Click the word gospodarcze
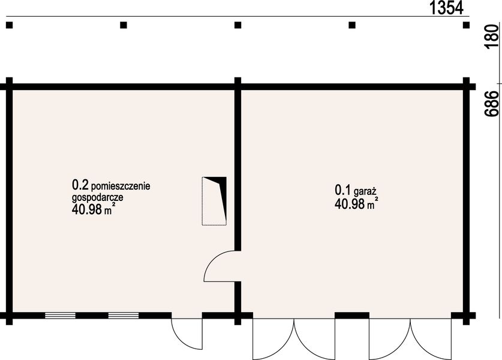[x=97, y=197]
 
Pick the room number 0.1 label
[x=342, y=190]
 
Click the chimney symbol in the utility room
[x=215, y=200]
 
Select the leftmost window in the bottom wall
[x=60, y=314]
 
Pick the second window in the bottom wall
[x=124, y=314]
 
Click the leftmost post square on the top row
[x=10, y=25]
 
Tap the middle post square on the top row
[x=238, y=25]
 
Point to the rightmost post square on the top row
[x=465, y=25]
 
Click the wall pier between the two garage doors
[x=351, y=315]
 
